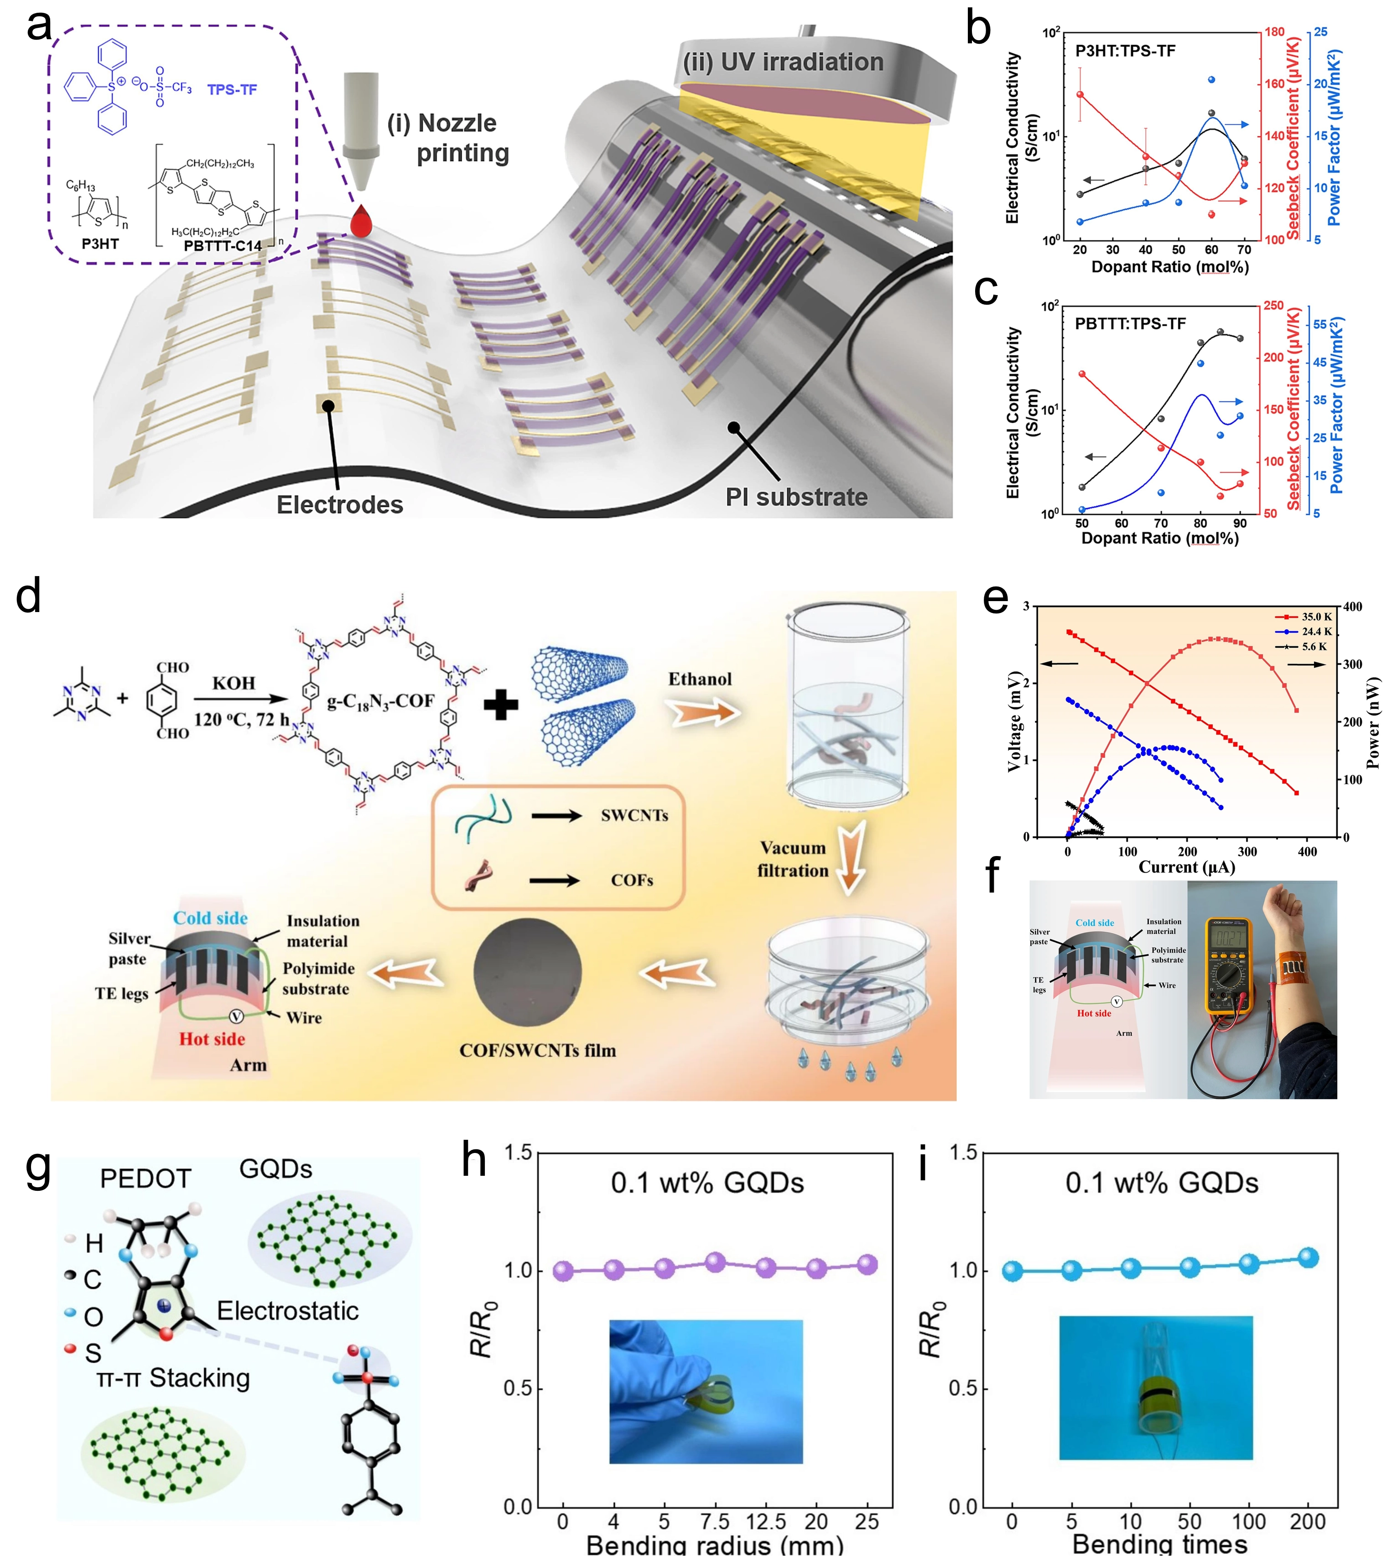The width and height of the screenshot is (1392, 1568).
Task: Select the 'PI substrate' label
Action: point(796,497)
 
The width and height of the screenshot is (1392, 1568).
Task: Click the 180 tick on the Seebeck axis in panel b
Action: point(1275,32)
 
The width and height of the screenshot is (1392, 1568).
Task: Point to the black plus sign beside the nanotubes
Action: point(501,704)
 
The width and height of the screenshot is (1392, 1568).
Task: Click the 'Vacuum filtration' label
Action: point(793,859)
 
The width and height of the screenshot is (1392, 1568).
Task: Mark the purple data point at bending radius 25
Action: point(867,1265)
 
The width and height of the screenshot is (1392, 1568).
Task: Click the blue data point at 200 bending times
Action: point(1308,1258)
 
